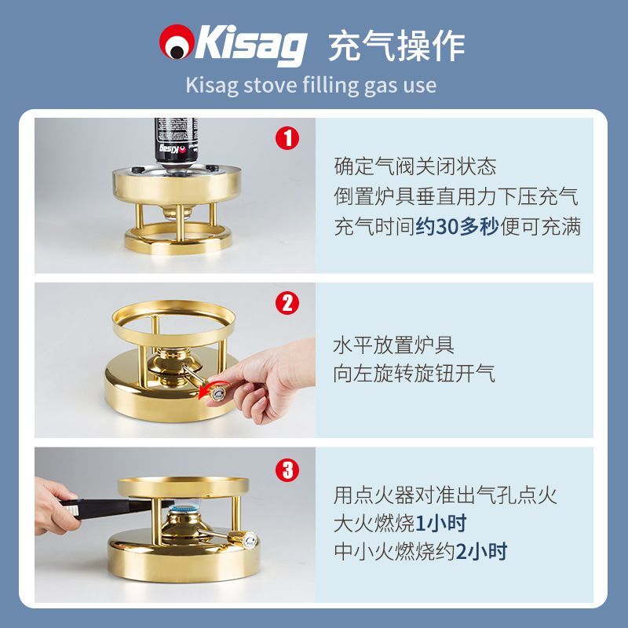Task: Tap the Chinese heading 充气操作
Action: tap(396, 46)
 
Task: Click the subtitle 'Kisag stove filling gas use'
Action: tap(311, 86)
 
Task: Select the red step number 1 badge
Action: tap(287, 138)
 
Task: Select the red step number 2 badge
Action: tap(287, 303)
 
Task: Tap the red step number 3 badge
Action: tap(287, 469)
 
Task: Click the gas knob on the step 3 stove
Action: tap(243, 539)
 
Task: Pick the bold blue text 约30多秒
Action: tap(457, 227)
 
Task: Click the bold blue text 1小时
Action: tap(440, 524)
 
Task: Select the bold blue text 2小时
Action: tap(481, 552)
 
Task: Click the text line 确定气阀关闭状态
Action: tap(415, 166)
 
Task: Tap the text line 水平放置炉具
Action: tap(393, 345)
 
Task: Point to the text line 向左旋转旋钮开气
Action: tap(414, 374)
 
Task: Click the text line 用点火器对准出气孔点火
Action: tap(445, 495)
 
